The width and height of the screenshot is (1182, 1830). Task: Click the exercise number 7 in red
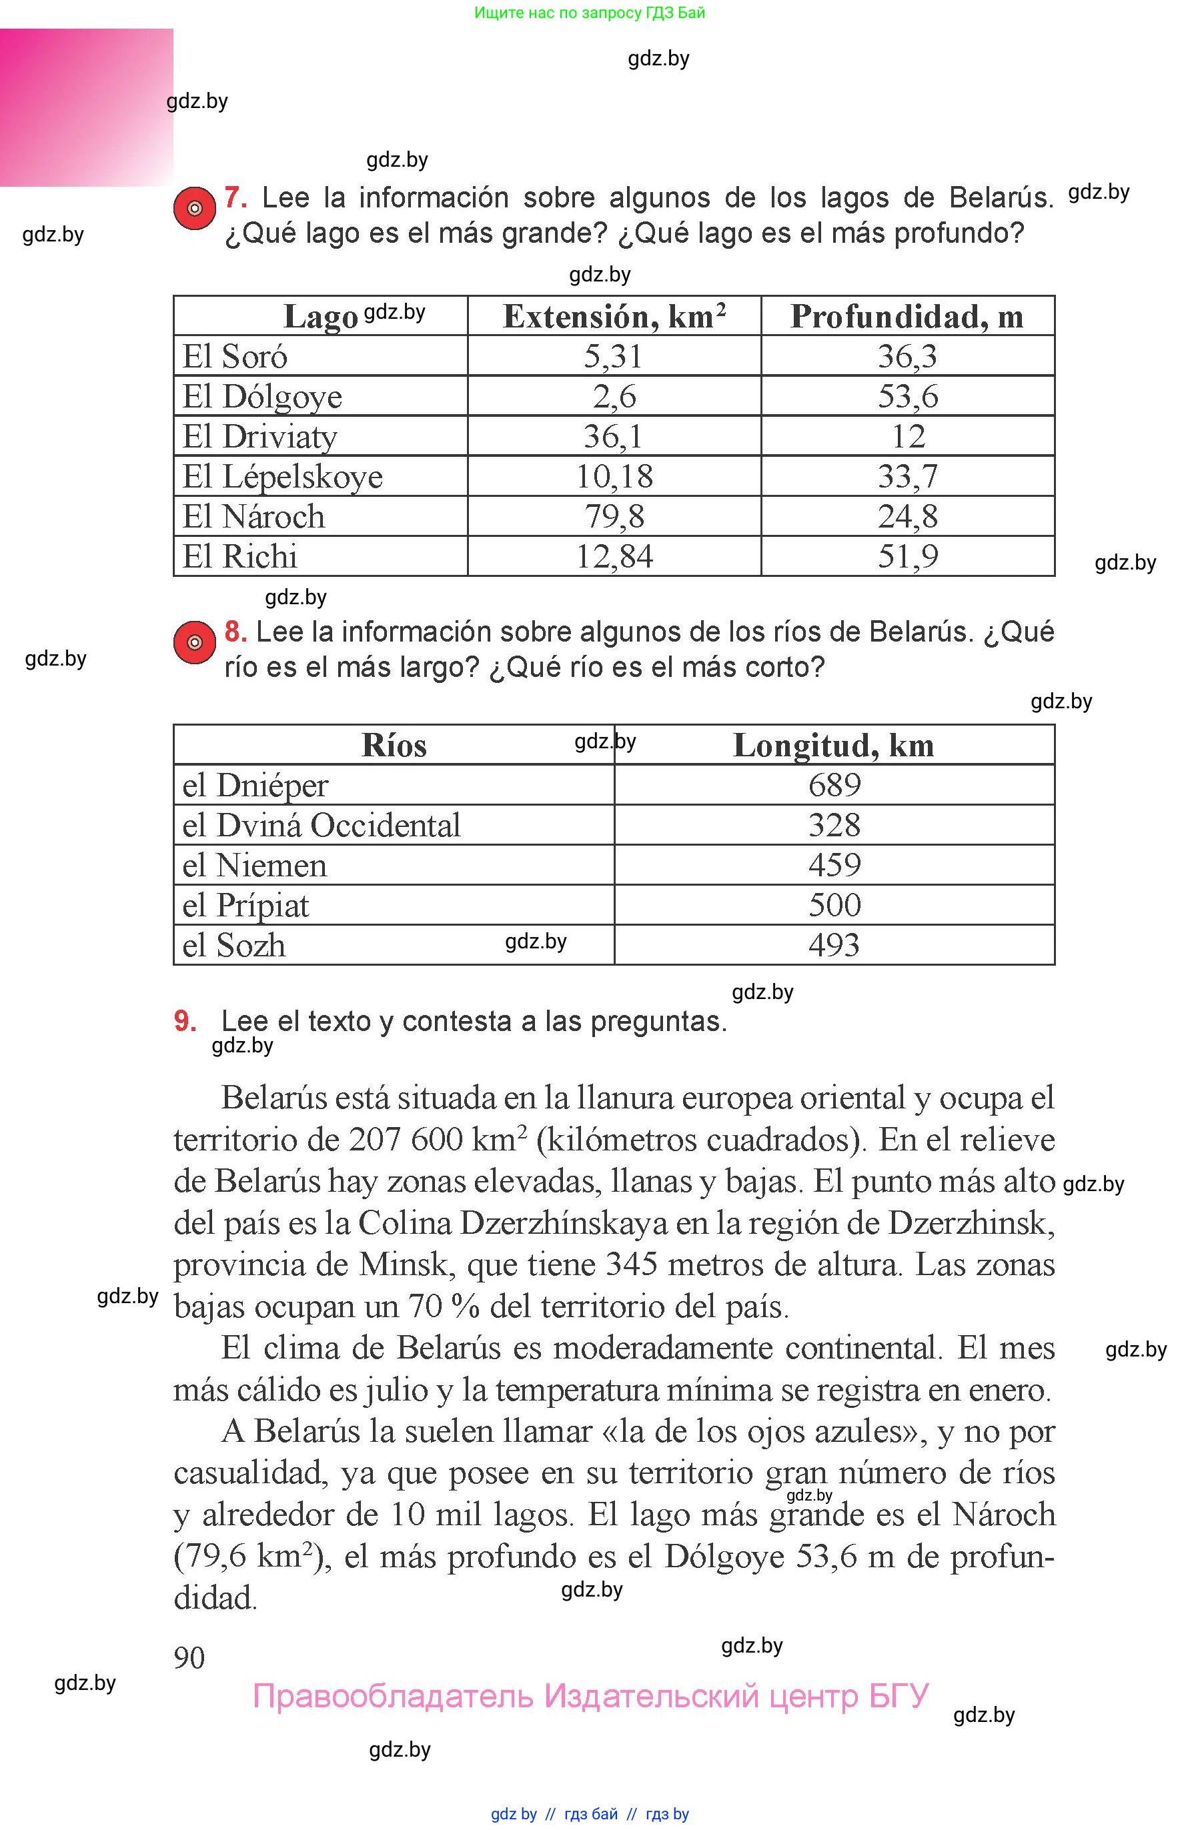[235, 198]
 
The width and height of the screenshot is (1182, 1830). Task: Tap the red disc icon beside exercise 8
[194, 642]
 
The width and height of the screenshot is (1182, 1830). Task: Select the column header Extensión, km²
[614, 316]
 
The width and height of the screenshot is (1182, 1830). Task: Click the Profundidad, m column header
[907, 316]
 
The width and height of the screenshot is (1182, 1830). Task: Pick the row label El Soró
[235, 356]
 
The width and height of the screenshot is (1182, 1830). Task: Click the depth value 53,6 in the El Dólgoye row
[907, 397]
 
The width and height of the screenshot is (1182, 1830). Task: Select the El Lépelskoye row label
[282, 476]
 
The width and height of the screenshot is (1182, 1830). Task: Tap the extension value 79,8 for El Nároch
[614, 516]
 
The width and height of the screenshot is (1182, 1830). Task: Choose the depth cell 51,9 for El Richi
[907, 556]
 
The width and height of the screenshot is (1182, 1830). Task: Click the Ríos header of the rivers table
[394, 745]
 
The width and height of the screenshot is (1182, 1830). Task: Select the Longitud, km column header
[834, 745]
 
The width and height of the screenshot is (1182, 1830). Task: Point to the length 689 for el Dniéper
[834, 785]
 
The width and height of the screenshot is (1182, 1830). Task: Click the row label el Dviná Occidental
[321, 826]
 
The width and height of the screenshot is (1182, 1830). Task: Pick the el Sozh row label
[234, 945]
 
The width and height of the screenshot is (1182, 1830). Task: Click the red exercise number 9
[185, 1021]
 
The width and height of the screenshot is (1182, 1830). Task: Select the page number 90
[189, 1658]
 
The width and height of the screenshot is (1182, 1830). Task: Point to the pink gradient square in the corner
[86, 107]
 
